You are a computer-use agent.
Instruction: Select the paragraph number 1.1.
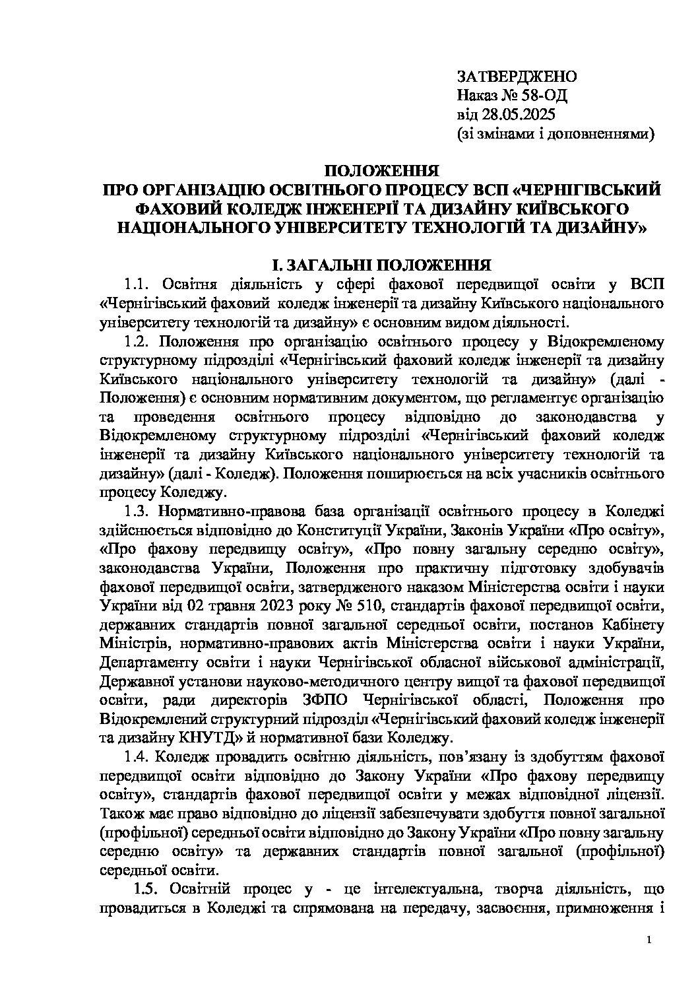(x=138, y=285)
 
